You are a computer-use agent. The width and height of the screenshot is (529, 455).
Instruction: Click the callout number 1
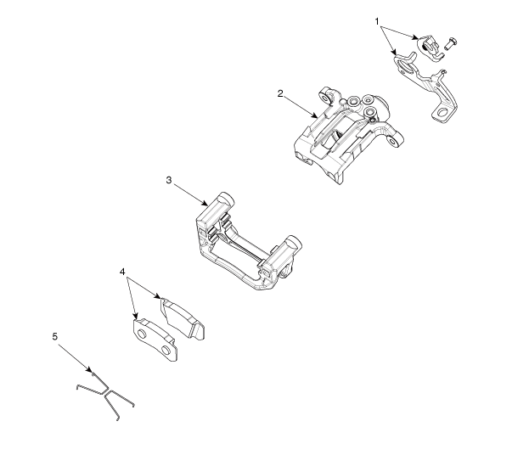(377, 21)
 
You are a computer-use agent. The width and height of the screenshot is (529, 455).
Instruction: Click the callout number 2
(280, 93)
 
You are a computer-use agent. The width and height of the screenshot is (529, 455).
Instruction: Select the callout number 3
(169, 180)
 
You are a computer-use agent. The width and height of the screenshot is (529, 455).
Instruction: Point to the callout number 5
(55, 336)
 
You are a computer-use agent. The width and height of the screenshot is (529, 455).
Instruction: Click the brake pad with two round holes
(155, 340)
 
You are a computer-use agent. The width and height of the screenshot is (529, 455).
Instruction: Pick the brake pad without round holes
(182, 318)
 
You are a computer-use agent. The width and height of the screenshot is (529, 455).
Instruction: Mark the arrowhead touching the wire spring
(89, 370)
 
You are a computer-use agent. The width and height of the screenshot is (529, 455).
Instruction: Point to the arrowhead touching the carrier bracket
(205, 204)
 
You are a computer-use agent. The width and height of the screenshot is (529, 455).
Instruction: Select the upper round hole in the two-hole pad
(142, 334)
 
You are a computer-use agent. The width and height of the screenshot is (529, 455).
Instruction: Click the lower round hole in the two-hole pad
(166, 351)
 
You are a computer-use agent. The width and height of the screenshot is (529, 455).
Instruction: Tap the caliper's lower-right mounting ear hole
(393, 142)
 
